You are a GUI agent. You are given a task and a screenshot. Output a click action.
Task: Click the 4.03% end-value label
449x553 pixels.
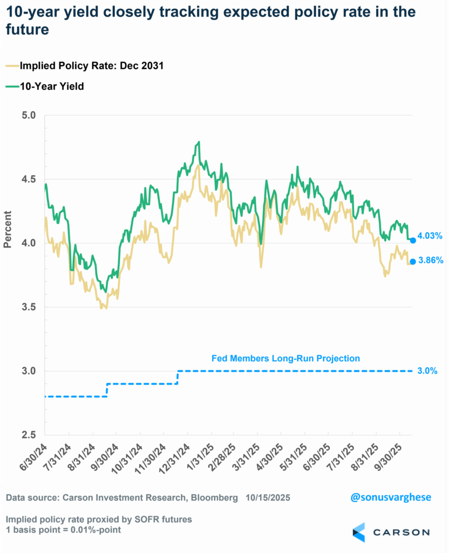(x=430, y=236)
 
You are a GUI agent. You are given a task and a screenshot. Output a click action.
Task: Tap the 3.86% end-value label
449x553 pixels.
(x=430, y=260)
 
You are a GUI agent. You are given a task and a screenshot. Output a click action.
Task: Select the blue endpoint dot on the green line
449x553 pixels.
(x=413, y=240)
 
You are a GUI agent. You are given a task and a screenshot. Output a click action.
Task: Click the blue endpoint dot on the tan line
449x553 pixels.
(x=413, y=261)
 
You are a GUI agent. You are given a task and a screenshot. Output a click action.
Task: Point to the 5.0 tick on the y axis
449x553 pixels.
(x=29, y=115)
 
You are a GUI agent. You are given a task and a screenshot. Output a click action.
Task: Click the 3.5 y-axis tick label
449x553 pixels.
(x=29, y=307)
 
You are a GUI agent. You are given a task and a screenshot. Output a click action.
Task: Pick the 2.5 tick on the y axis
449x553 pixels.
(x=29, y=435)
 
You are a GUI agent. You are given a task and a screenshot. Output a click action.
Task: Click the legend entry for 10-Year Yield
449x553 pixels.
(x=51, y=86)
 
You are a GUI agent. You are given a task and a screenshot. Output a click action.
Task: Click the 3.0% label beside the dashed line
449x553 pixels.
(x=427, y=371)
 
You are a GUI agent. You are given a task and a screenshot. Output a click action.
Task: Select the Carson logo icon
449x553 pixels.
(x=358, y=532)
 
